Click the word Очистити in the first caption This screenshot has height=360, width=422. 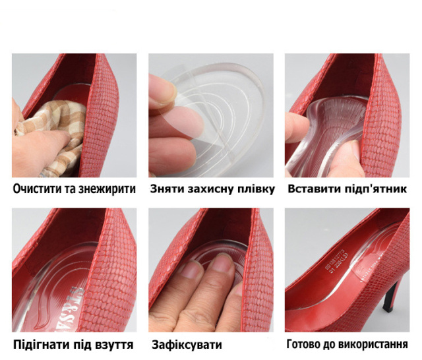tap(38, 189)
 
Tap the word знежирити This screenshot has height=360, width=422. tap(107, 189)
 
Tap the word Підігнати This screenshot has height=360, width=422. tap(38, 345)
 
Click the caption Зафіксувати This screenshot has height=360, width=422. tap(187, 345)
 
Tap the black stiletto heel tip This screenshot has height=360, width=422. tap(388, 308)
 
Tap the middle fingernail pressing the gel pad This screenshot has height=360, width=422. tap(223, 263)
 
